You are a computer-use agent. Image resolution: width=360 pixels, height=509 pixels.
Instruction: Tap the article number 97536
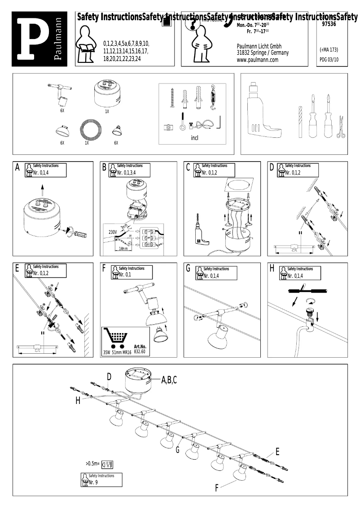coord(330,26)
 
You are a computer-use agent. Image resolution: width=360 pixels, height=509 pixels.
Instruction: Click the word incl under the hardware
coord(194,138)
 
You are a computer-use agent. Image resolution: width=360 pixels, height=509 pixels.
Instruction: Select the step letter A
coord(18,167)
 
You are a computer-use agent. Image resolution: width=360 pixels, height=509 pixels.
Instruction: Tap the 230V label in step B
coord(113,233)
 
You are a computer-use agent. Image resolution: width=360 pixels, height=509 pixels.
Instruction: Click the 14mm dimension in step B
coord(121,248)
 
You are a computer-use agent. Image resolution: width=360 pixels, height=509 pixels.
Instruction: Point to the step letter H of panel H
coord(272,268)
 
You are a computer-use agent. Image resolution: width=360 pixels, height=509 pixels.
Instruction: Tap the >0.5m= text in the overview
coord(92,463)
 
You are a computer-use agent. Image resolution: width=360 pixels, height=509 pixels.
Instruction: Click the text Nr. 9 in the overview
coord(93,483)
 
